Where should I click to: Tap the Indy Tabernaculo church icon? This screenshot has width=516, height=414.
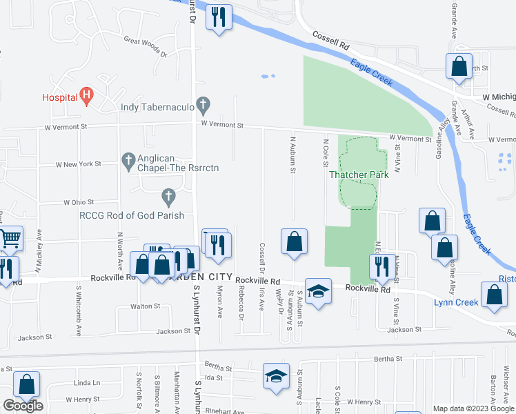[202, 106]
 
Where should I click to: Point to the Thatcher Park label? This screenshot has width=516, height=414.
[359, 175]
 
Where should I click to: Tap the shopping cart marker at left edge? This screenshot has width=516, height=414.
[10, 239]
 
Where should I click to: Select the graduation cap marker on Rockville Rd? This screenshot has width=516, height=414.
[318, 291]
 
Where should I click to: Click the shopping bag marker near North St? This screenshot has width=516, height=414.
[459, 67]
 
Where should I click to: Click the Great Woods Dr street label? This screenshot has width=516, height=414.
[146, 46]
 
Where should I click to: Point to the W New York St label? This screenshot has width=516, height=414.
[79, 164]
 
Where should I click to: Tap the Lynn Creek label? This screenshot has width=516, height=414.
[456, 302]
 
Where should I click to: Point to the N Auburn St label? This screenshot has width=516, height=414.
[293, 156]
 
